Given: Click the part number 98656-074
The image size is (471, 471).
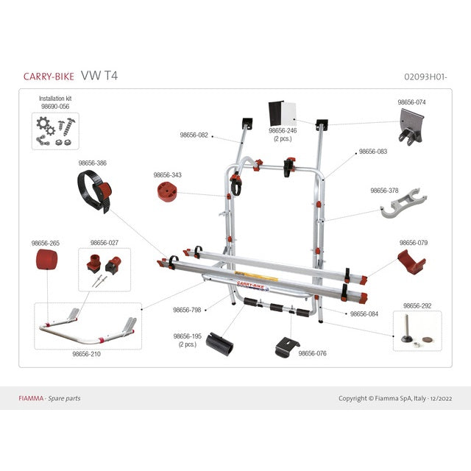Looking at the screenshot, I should tap(412, 103).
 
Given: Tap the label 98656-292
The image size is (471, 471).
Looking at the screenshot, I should tap(417, 305).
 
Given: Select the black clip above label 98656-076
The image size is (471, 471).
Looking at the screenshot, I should tap(288, 346).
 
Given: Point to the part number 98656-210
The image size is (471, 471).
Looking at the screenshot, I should tap(86, 354).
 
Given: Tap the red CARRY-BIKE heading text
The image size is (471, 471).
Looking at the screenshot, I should tap(48, 76).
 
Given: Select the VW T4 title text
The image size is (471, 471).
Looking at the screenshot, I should tap(99, 75).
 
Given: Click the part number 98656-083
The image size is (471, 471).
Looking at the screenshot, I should tap(372, 152).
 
